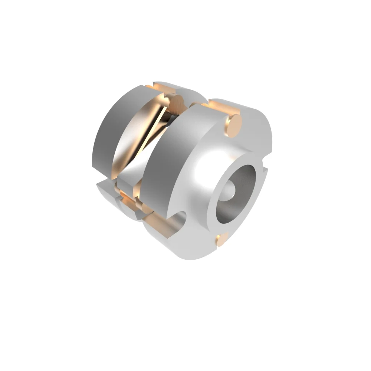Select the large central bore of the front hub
237,193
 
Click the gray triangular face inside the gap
132,174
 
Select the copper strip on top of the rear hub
160,88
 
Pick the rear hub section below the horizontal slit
108,193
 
